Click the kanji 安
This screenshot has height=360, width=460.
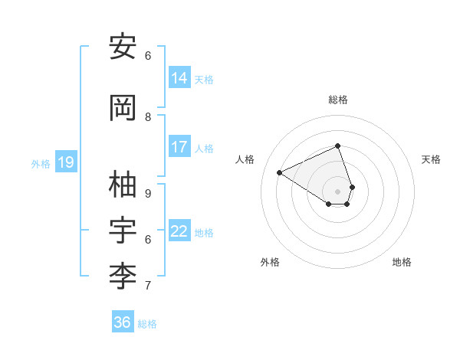(123, 48)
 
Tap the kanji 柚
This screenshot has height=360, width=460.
(123, 185)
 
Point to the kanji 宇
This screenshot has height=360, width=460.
(123, 231)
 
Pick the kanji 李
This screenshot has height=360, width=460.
(123, 277)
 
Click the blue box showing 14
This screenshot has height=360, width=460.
(179, 77)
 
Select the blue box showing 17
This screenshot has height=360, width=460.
(179, 147)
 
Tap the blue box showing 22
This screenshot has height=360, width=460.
(179, 231)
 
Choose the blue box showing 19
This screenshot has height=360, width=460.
(66, 162)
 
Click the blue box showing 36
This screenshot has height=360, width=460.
(123, 322)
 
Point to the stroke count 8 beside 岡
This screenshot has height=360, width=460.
(148, 116)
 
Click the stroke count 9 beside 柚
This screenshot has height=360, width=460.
(148, 193)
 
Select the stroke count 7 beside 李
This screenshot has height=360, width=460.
(148, 285)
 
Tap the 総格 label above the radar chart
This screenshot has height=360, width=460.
(338, 100)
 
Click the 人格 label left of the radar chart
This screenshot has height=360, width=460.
(245, 159)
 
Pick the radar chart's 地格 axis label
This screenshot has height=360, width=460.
(402, 262)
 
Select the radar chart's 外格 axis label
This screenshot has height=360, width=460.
(270, 262)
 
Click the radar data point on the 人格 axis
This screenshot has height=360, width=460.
(280, 172)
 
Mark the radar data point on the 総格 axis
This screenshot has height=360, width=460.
(338, 146)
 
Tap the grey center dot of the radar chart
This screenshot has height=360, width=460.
(338, 191)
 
